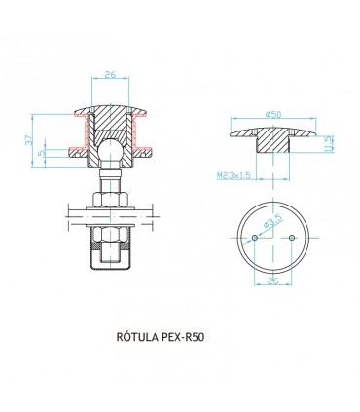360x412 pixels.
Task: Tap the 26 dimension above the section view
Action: click(110, 73)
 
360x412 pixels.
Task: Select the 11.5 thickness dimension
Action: click(328, 142)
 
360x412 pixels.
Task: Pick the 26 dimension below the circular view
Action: click(272, 280)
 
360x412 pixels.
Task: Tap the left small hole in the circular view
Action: click(253, 237)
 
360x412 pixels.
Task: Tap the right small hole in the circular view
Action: click(292, 237)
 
